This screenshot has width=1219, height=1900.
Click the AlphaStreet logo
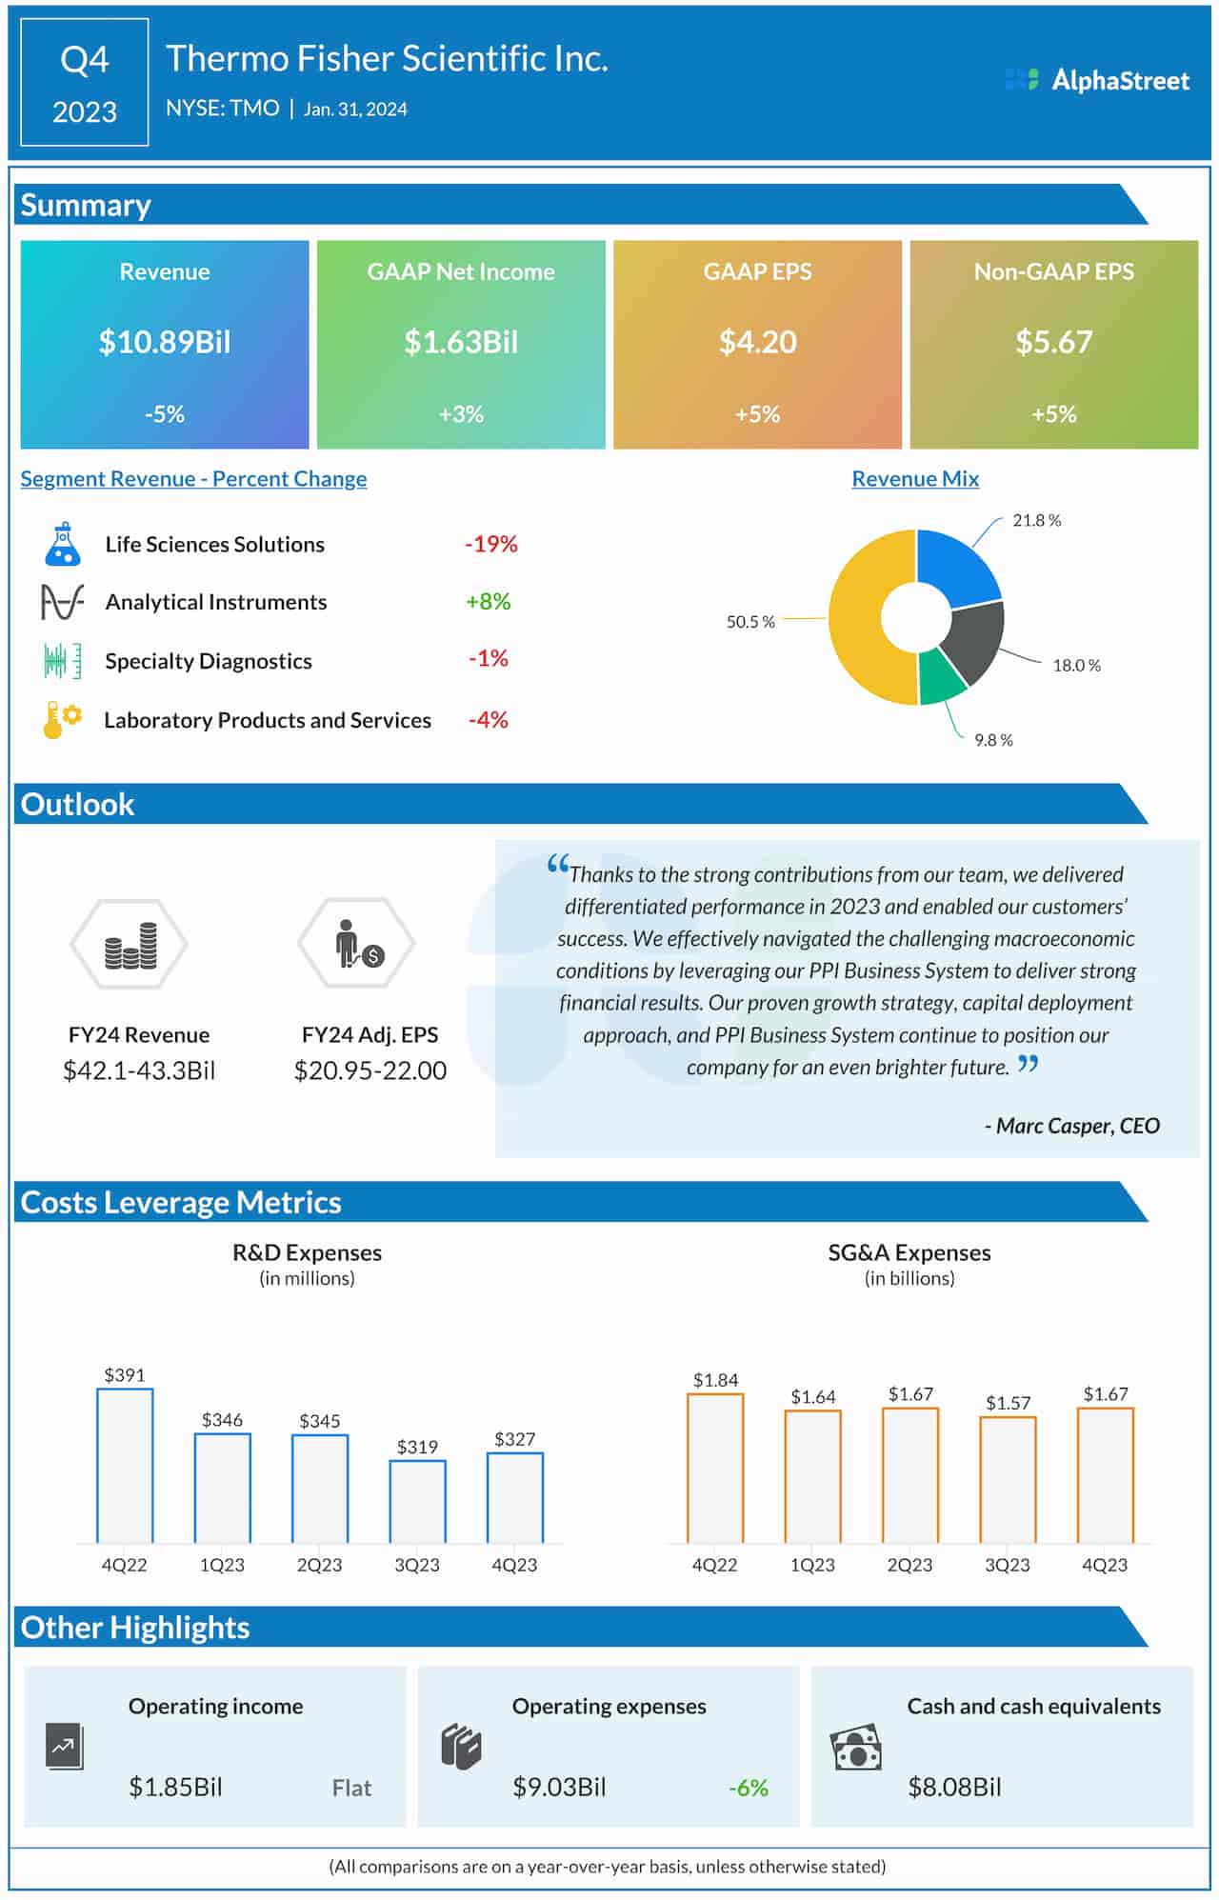(1097, 80)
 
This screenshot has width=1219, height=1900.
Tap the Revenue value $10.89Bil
(165, 342)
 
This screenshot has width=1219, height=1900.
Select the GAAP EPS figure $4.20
(757, 342)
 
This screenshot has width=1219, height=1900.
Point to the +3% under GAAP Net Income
(461, 414)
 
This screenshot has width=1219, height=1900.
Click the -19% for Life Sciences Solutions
(490, 544)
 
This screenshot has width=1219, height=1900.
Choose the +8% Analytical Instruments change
(488, 602)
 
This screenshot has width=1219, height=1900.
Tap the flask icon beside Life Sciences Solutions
(63, 544)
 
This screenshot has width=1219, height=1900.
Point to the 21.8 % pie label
(1036, 520)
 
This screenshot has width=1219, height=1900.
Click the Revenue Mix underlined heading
(914, 479)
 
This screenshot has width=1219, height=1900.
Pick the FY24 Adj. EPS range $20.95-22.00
(370, 1070)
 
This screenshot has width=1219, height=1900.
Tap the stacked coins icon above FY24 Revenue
(130, 945)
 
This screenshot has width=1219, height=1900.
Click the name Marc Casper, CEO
(1072, 1126)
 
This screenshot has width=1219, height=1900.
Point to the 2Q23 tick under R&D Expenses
(319, 1565)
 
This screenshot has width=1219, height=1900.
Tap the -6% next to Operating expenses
(748, 1788)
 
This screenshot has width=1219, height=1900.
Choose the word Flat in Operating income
(351, 1788)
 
